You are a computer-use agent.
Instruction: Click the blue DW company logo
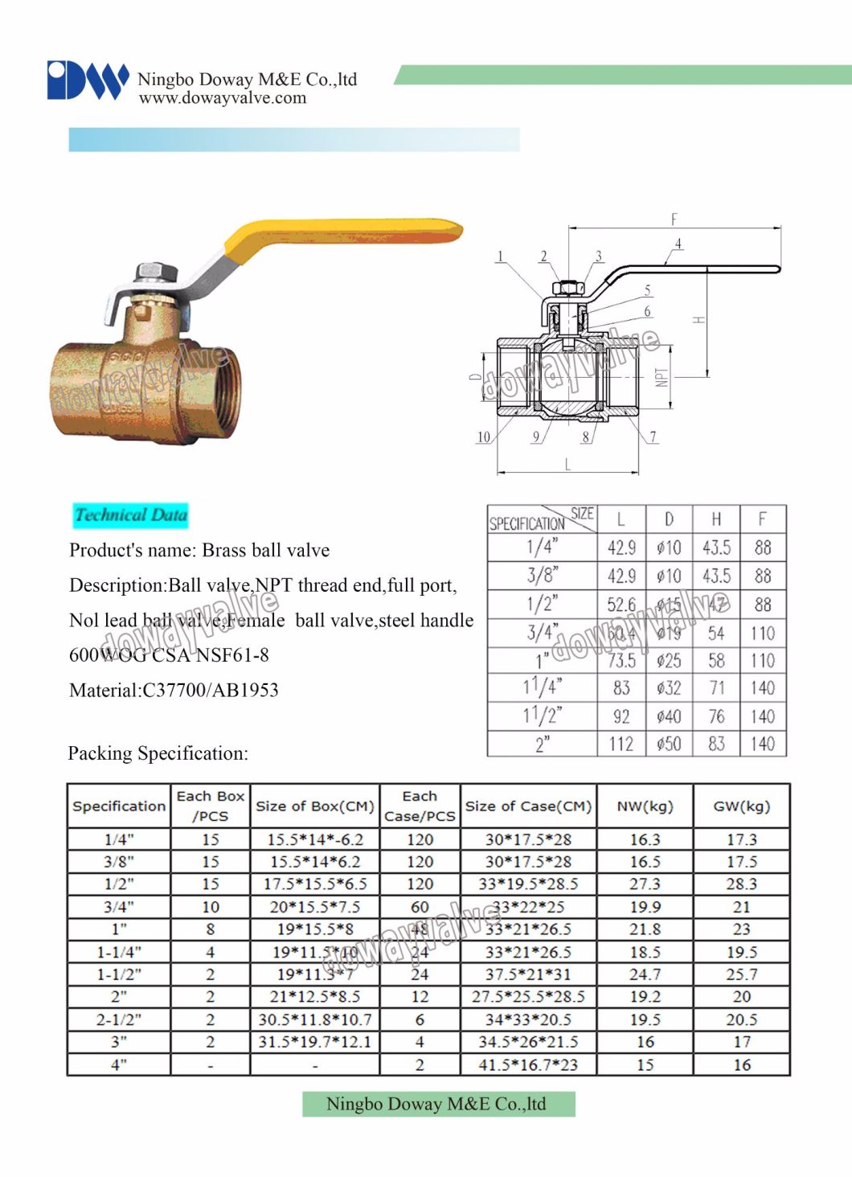point(87,80)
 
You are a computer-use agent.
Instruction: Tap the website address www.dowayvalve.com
point(223,98)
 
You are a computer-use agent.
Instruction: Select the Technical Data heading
point(130,515)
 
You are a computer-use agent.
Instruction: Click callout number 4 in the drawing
point(678,244)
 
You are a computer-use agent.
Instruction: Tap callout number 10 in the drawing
point(483,437)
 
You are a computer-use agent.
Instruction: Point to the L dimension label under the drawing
point(567,465)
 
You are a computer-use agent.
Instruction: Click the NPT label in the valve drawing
point(662,378)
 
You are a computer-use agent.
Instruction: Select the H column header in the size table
point(716,519)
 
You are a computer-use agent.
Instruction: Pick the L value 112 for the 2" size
point(621,744)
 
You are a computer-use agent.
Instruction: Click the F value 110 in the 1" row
point(762,661)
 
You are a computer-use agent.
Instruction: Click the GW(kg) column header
point(741,806)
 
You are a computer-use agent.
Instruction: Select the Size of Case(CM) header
point(528,806)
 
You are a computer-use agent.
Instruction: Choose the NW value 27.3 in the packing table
point(645,884)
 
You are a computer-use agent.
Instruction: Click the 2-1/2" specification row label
point(119,1019)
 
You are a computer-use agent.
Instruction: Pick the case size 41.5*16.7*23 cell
point(528,1064)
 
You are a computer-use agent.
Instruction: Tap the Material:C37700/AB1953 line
point(174,690)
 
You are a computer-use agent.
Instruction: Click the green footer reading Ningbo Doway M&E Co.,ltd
point(438,1104)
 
